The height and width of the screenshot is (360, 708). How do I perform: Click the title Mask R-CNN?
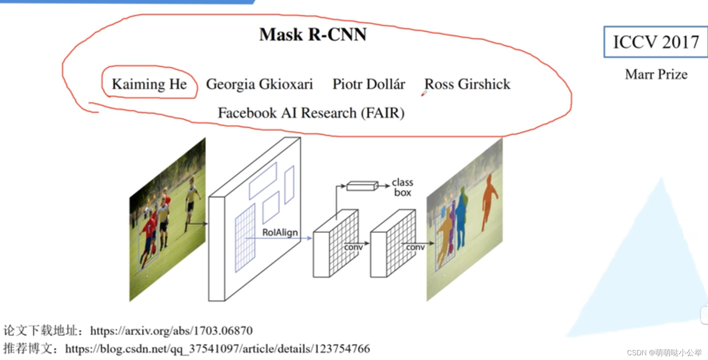click(x=313, y=34)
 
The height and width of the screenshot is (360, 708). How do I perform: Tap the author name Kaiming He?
click(x=149, y=84)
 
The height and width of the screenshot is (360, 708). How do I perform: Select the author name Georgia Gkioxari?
click(x=259, y=84)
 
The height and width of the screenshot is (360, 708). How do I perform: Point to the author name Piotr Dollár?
click(x=368, y=84)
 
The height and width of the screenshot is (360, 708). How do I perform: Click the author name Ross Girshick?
click(x=467, y=84)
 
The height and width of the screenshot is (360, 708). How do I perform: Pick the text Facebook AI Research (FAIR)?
click(x=311, y=113)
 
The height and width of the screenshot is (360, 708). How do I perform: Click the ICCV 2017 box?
click(x=656, y=42)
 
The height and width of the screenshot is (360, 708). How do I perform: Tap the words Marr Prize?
click(x=656, y=74)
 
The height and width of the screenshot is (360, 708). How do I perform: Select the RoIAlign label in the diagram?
click(x=280, y=232)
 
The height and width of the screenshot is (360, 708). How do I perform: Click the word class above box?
click(x=403, y=182)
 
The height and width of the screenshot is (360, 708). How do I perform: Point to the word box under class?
click(x=403, y=193)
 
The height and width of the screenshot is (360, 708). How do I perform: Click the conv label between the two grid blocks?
click(x=353, y=247)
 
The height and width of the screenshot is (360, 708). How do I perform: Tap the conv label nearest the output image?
click(x=415, y=247)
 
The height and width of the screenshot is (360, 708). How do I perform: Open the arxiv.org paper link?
click(x=171, y=331)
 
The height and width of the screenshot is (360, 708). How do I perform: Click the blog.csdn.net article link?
click(x=217, y=348)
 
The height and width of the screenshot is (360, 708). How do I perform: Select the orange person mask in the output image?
click(x=488, y=200)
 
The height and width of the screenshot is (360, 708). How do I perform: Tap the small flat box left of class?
click(x=362, y=186)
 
